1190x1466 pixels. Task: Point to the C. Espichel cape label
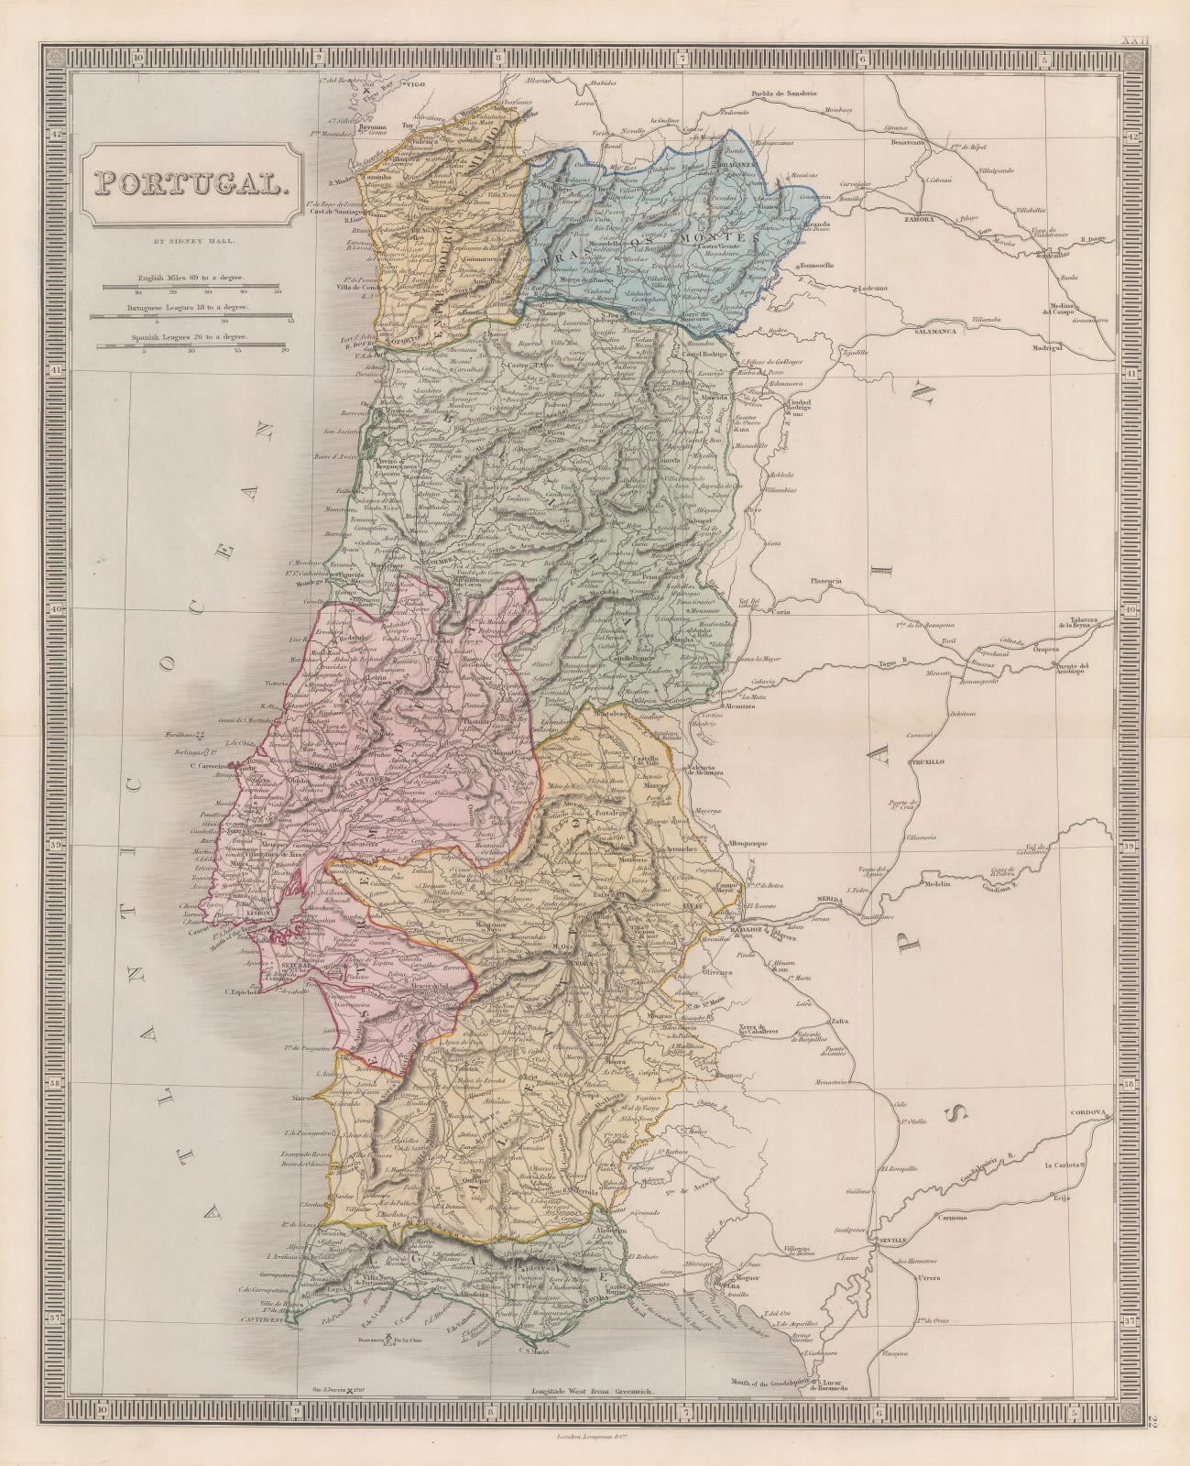pos(243,990)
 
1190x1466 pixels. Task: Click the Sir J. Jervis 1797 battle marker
pos(346,1391)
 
